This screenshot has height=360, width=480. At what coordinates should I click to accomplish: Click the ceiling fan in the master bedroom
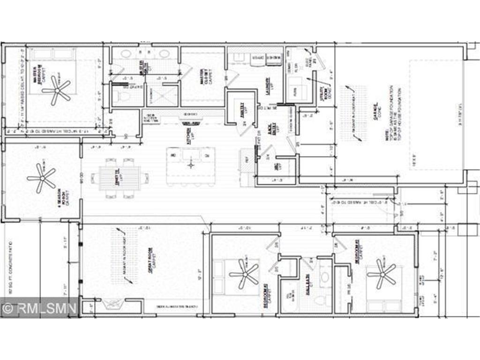click(57, 89)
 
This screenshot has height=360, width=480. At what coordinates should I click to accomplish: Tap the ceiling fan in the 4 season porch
click(41, 178)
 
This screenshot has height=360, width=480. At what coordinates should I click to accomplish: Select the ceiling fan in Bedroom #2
click(244, 274)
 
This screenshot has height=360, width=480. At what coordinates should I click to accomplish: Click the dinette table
click(119, 178)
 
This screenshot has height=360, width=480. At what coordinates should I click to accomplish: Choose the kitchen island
click(191, 165)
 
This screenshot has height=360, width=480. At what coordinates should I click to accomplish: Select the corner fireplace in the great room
click(111, 306)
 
